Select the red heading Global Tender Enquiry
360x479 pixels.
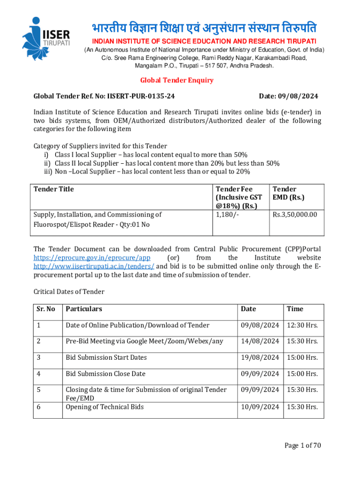click(177, 80)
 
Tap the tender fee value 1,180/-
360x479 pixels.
click(226, 215)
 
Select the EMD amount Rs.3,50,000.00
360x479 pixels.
click(295, 215)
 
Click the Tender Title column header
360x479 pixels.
click(54, 189)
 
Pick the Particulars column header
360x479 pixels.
click(84, 309)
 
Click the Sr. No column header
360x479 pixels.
click(46, 309)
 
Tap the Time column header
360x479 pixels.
click(295, 309)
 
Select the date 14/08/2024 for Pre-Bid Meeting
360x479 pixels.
click(260, 341)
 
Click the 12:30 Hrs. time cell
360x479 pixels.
click(302, 325)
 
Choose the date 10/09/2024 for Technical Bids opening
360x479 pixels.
click(260, 407)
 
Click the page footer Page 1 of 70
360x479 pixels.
click(303, 445)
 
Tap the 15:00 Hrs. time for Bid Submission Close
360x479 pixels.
click(302, 374)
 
